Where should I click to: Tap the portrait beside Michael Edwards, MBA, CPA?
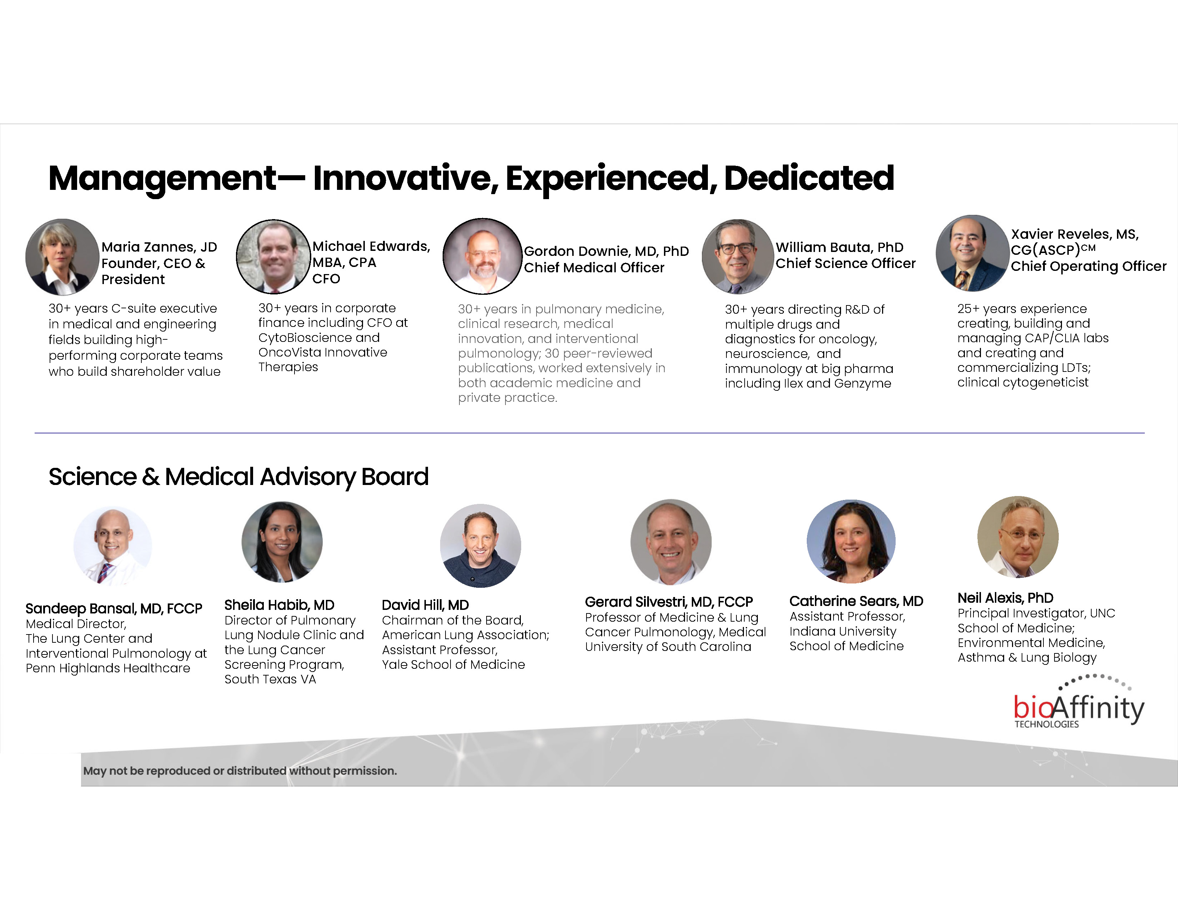(273, 257)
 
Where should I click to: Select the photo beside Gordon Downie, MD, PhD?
(483, 256)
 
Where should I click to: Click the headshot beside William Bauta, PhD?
(738, 257)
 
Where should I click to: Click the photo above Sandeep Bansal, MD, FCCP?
(113, 546)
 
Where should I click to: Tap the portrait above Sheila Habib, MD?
(282, 542)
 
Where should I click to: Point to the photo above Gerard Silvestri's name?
(671, 542)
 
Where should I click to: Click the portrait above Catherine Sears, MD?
(851, 541)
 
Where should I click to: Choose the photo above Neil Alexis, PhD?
(1018, 537)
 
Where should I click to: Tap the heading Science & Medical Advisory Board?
(238, 476)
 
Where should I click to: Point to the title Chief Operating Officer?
(1088, 266)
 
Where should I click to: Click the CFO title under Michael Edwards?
(326, 279)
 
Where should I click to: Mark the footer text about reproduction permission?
(240, 771)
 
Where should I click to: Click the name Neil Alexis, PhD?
(1005, 598)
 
